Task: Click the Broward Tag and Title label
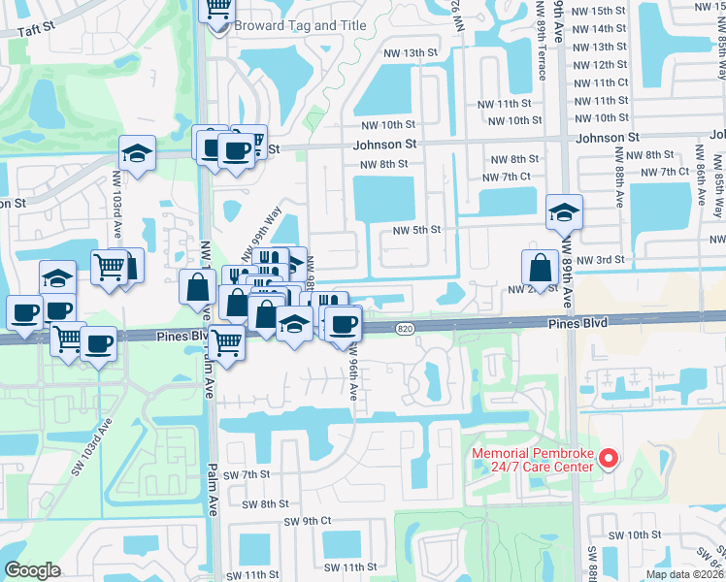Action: (300, 25)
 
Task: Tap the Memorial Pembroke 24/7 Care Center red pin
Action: (609, 457)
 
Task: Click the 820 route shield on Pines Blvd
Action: (406, 331)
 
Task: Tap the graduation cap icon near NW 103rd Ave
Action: (138, 152)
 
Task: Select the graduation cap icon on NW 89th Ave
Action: (564, 210)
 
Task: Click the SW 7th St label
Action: (244, 474)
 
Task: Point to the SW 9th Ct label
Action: (308, 521)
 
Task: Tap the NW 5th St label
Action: (417, 230)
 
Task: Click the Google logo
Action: (33, 570)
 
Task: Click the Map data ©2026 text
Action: (684, 574)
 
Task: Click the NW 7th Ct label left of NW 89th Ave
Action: (507, 177)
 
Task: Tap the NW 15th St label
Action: (600, 11)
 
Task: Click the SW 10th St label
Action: (634, 535)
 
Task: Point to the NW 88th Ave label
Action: (618, 178)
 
